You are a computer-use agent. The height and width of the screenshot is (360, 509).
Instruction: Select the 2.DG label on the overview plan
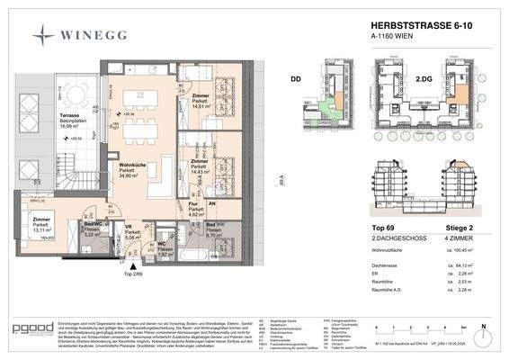click(418, 79)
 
